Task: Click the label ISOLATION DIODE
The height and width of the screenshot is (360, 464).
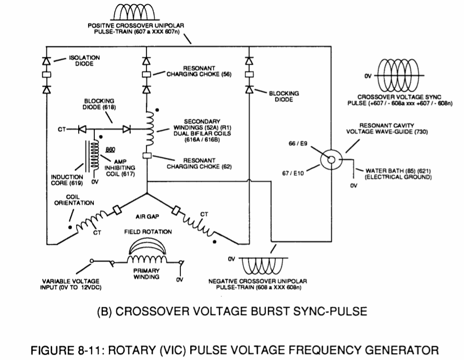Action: point(84,60)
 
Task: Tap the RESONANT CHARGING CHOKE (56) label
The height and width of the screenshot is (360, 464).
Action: point(199,71)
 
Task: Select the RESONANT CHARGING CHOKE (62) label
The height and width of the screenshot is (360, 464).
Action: point(199,164)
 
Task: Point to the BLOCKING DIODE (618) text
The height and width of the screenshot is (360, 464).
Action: point(99,104)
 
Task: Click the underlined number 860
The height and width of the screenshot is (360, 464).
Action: point(111,150)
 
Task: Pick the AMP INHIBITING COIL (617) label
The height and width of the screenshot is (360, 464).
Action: point(120,168)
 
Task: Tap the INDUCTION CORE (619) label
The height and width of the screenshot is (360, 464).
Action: point(67,180)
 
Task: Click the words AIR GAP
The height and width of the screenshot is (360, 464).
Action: point(148,217)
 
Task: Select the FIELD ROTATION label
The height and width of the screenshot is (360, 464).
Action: point(148,232)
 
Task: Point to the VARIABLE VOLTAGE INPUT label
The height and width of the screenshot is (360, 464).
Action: point(71,284)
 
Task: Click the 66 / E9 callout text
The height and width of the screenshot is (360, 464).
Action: point(298,144)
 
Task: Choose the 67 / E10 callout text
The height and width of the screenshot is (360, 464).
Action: point(293,173)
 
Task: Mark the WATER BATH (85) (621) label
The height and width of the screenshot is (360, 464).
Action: point(398,174)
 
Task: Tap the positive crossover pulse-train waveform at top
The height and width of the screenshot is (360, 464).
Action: point(135,12)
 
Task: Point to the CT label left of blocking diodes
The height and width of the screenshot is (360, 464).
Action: point(62,129)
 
